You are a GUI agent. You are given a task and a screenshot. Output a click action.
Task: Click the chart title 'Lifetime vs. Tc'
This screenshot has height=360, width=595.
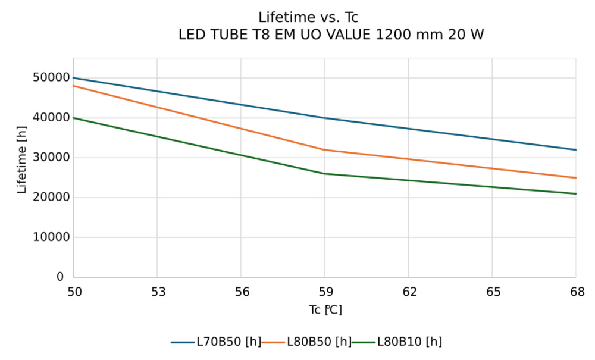[x=308, y=17]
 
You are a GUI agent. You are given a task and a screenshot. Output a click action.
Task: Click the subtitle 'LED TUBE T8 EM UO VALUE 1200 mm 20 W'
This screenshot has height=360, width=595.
[x=331, y=35]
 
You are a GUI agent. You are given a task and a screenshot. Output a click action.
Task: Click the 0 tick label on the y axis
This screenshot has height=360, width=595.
[x=60, y=277]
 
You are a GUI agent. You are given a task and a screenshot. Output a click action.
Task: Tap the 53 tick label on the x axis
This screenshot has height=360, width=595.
[x=156, y=292]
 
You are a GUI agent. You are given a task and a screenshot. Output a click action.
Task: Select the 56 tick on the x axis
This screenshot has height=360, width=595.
[x=240, y=292]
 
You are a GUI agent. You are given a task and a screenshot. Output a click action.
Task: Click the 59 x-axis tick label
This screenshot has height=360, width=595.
[x=324, y=292]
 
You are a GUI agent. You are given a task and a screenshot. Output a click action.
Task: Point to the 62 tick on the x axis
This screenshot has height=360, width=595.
[x=408, y=292]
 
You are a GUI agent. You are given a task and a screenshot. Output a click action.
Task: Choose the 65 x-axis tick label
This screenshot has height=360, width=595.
[x=492, y=292]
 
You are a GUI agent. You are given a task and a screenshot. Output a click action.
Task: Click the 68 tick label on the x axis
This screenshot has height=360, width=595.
[x=575, y=292]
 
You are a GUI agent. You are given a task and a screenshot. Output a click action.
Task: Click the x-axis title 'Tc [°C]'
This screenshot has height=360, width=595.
[x=325, y=310]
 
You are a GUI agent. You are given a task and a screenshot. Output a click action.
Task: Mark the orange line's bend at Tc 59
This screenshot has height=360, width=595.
[x=324, y=150]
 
